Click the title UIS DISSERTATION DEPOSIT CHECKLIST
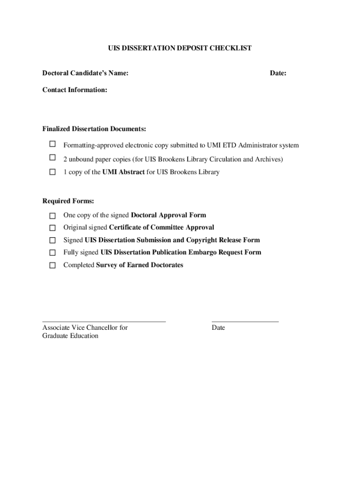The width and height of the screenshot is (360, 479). click(x=180, y=48)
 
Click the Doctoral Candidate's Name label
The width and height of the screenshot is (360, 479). click(x=86, y=73)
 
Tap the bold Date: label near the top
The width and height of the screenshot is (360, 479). click(x=278, y=73)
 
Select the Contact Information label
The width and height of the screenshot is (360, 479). click(x=75, y=89)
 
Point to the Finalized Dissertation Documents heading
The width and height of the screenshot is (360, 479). click(x=94, y=129)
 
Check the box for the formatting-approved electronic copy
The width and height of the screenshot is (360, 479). click(x=53, y=145)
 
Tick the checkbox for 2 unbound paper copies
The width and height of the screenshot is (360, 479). click(x=53, y=158)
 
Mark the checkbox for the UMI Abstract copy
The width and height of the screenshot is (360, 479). click(x=53, y=172)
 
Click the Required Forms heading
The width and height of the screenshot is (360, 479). click(x=68, y=201)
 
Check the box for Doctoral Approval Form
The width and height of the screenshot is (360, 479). click(x=53, y=216)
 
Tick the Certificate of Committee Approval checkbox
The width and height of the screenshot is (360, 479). click(x=53, y=228)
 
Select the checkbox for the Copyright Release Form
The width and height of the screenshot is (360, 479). click(x=53, y=240)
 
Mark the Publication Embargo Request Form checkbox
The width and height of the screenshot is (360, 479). click(x=53, y=253)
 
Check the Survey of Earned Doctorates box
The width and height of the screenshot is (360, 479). click(x=53, y=265)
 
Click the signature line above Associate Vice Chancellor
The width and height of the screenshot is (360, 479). click(x=104, y=321)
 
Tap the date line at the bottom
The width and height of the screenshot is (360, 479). click(x=245, y=321)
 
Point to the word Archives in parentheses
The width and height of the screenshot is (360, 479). click(x=267, y=159)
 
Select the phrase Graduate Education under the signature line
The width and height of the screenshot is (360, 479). click(x=70, y=336)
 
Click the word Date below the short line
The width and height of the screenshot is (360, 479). click(x=218, y=328)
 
